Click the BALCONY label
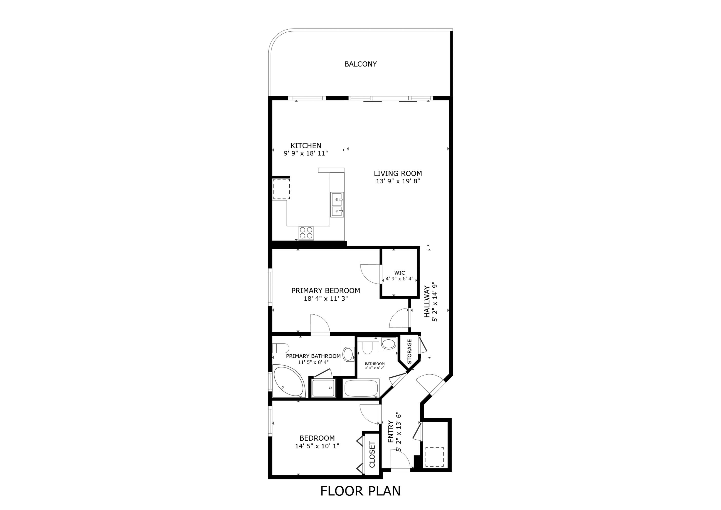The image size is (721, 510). point(360,64)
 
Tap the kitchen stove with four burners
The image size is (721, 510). point(306,233)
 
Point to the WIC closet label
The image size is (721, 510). point(400,273)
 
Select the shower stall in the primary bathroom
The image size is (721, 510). point(324,388)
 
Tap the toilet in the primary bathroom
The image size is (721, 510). point(280,348)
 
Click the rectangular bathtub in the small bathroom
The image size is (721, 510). point(361,388)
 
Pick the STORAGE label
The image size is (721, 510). point(409,351)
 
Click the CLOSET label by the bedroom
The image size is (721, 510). point(372,454)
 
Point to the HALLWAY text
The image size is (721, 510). point(427,301)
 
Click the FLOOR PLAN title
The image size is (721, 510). point(360,491)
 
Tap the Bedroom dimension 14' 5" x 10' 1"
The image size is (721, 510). point(317,446)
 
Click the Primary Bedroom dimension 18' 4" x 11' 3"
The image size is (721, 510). point(326,299)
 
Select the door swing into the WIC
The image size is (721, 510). point(370,274)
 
